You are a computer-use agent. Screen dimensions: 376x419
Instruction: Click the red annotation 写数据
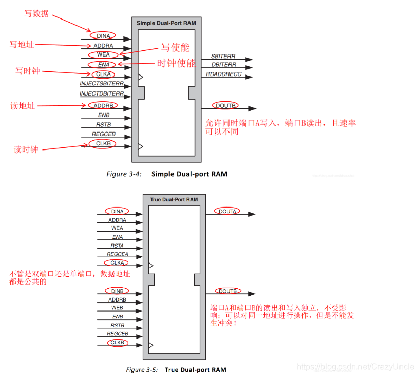click(36, 14)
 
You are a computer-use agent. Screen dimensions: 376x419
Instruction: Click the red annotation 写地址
click(22, 45)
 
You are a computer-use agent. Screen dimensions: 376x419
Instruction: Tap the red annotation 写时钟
click(27, 71)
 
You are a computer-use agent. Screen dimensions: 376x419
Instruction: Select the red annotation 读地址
click(23, 106)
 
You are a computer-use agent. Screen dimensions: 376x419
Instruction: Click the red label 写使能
click(176, 48)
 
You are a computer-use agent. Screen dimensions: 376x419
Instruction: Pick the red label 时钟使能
click(176, 64)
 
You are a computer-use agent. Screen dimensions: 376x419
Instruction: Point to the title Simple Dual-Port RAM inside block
click(166, 23)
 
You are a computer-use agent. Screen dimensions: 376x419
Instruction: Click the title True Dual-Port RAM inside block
click(174, 199)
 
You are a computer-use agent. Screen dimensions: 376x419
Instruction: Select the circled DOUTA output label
click(227, 211)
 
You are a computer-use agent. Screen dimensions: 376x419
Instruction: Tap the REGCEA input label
click(117, 254)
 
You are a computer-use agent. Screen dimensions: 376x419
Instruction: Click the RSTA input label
click(118, 246)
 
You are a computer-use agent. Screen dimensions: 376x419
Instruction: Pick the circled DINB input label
click(117, 291)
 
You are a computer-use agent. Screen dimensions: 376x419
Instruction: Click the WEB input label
click(117, 308)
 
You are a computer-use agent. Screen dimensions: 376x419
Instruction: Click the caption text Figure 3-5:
click(142, 369)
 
